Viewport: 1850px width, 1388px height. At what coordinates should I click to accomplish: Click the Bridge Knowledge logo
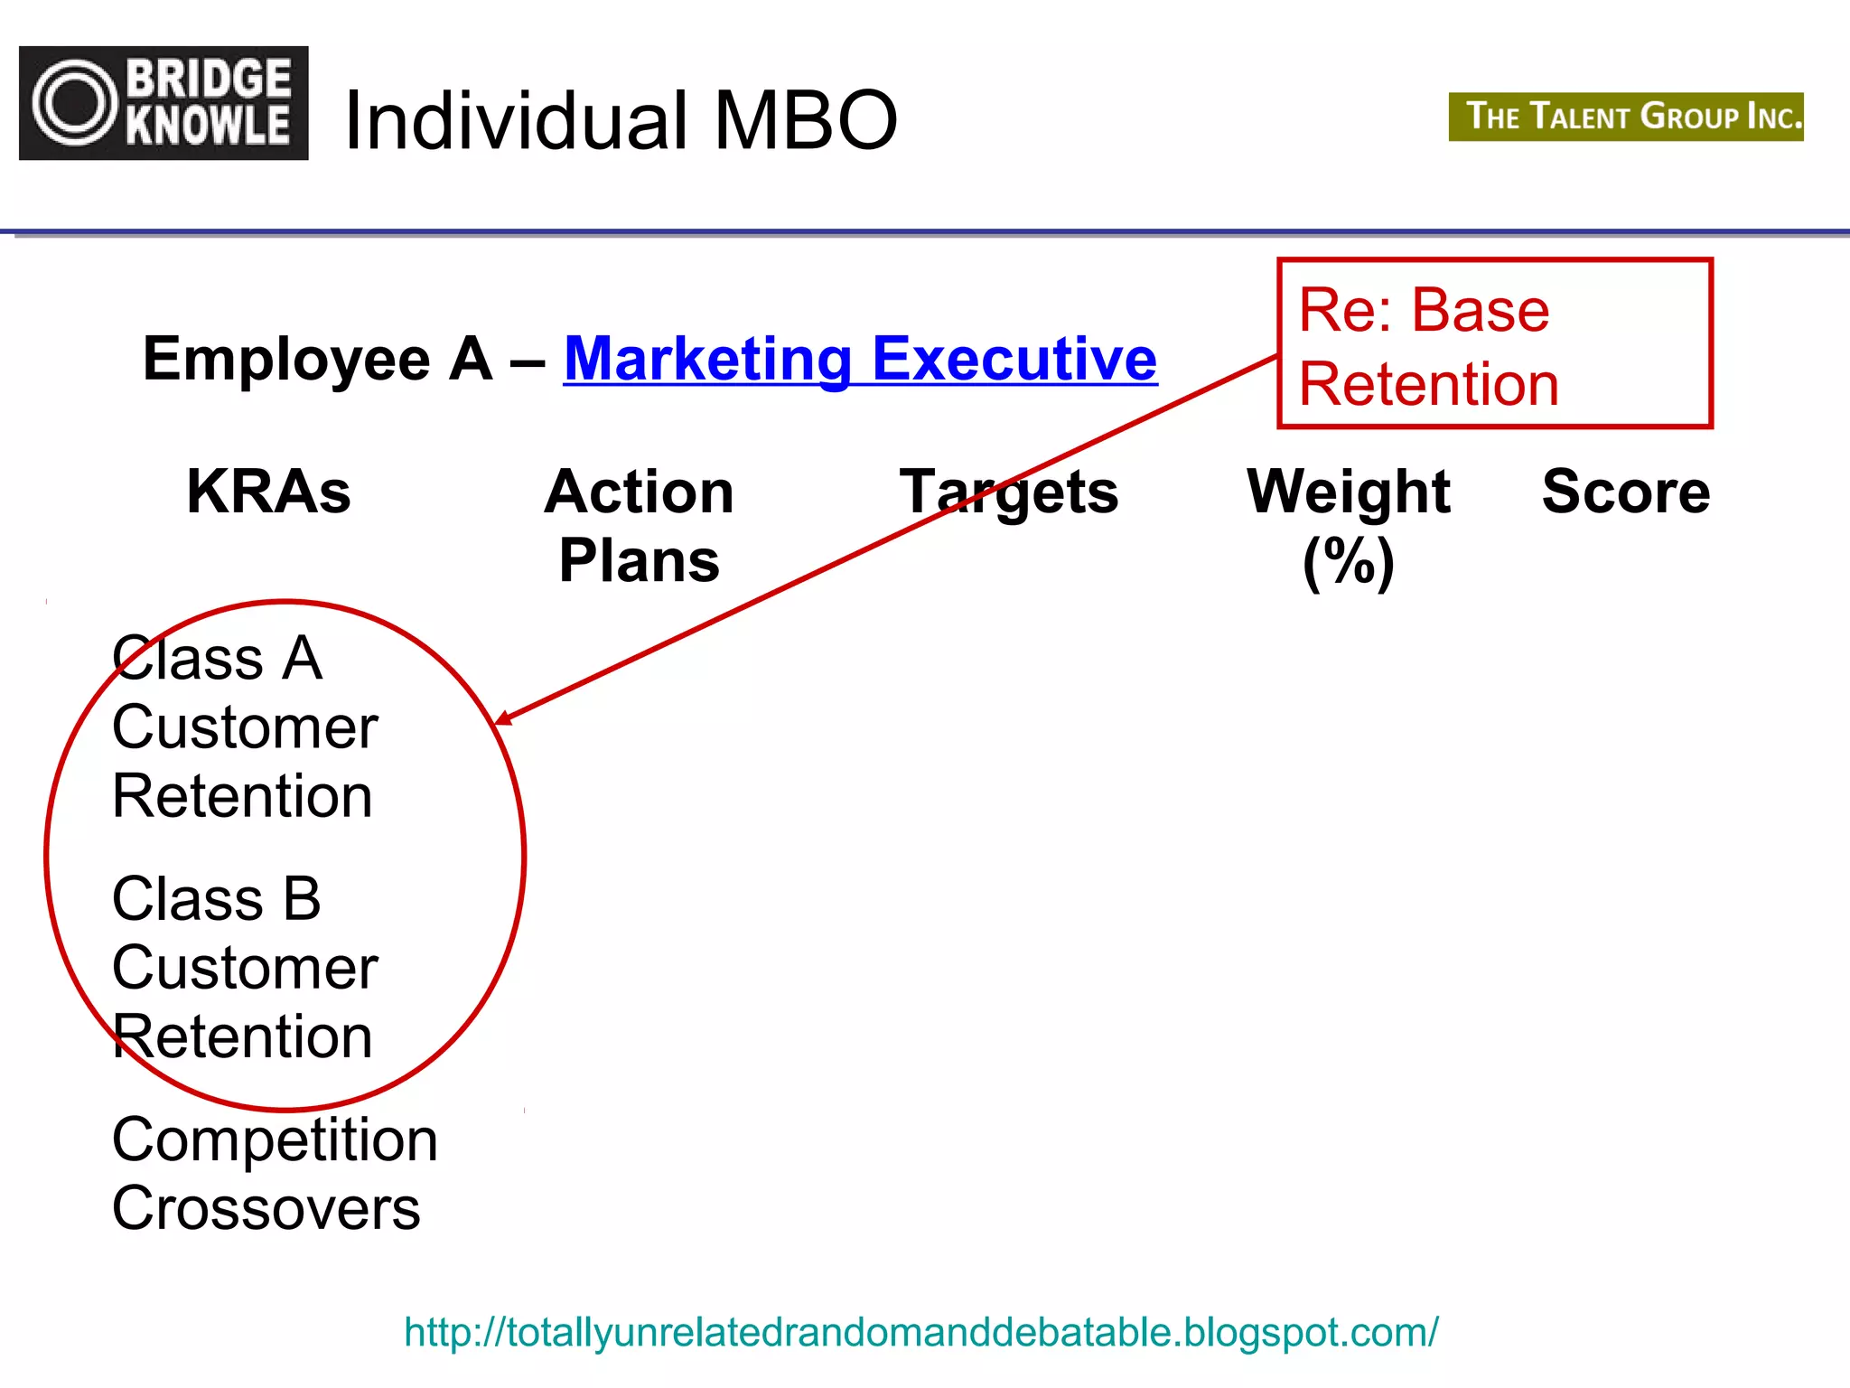[x=164, y=103]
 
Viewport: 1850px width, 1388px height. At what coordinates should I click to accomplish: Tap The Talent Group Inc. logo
[x=1625, y=117]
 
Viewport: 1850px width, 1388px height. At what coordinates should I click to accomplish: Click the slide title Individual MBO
[x=621, y=120]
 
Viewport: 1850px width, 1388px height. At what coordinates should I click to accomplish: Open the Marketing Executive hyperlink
[x=859, y=359]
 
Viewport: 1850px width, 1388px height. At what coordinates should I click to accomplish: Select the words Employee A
[x=317, y=359]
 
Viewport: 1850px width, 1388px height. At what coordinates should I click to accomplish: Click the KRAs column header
[x=268, y=492]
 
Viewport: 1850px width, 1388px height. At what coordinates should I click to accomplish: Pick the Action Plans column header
[x=639, y=526]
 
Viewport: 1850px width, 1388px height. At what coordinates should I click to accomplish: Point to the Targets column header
[x=1009, y=493]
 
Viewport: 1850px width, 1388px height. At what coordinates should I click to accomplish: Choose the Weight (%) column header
[x=1348, y=526]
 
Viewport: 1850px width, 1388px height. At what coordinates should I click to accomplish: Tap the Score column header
[x=1625, y=492]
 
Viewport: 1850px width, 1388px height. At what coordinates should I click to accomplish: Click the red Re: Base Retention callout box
[x=1494, y=343]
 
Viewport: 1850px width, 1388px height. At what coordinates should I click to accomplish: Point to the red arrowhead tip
[x=498, y=722]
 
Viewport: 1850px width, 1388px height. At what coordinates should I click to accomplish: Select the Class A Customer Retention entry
[x=244, y=727]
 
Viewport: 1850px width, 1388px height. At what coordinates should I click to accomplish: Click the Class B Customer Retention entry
[x=244, y=967]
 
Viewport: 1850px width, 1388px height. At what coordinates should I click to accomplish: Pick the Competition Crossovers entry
[x=274, y=1173]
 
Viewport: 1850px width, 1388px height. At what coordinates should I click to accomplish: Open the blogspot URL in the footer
[x=920, y=1332]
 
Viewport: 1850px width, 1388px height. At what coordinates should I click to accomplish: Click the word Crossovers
[x=266, y=1208]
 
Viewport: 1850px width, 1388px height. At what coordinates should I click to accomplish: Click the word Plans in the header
[x=639, y=561]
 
